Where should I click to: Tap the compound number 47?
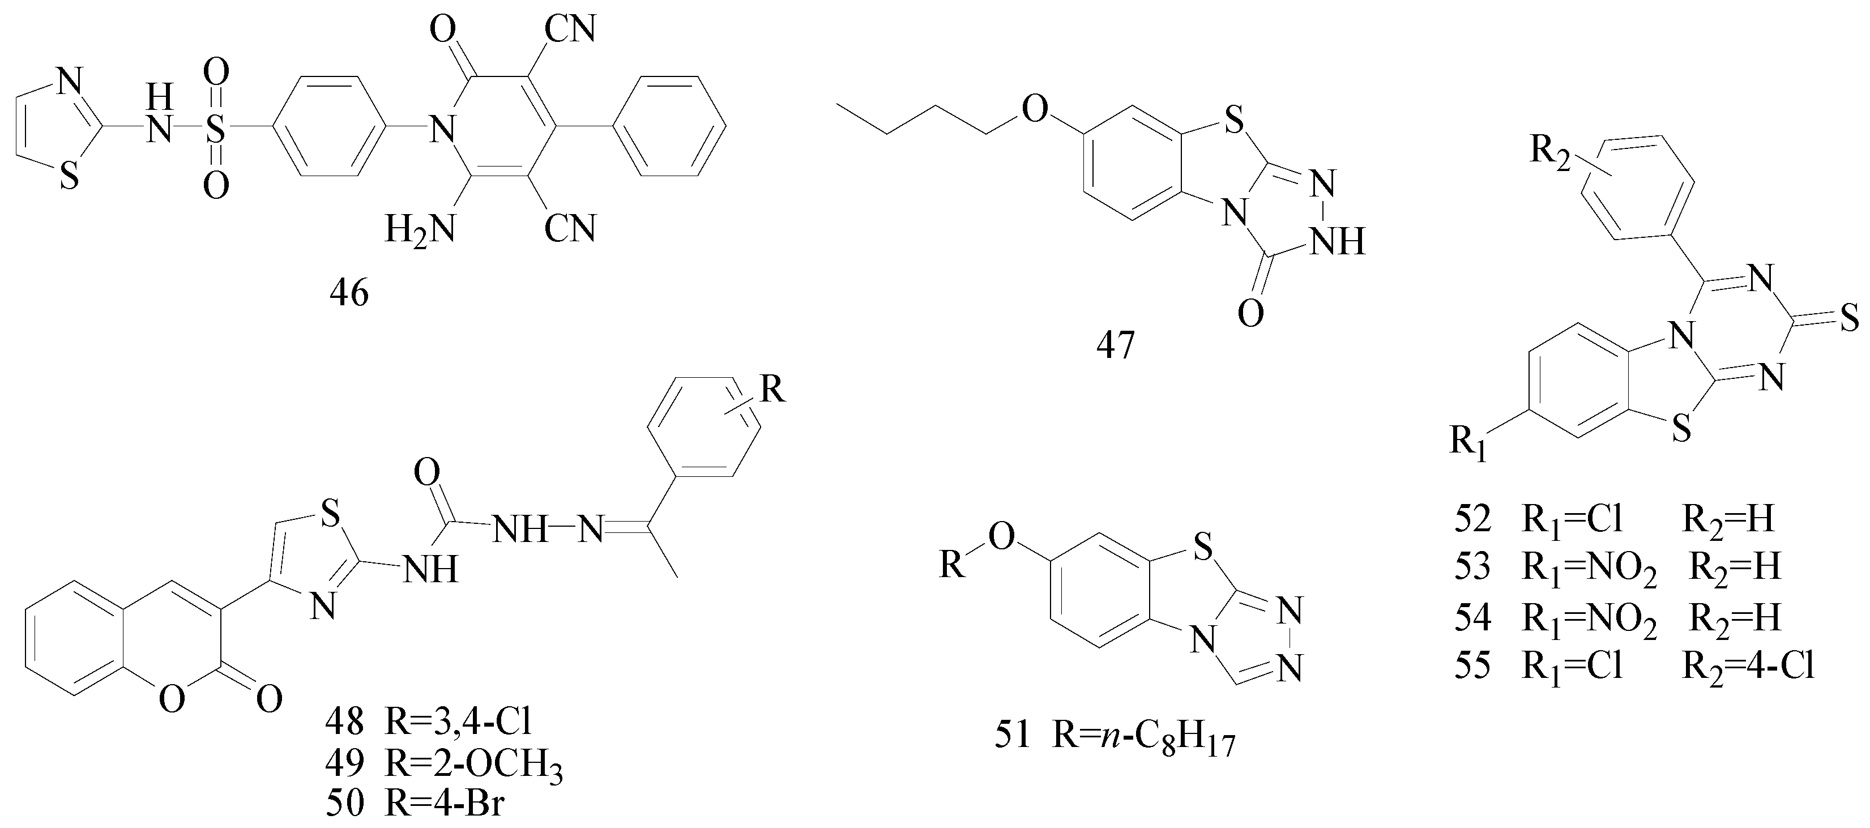[1116, 345]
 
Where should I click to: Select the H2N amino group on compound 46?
[420, 229]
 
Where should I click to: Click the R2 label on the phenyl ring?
[1549, 150]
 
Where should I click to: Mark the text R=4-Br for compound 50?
[443, 805]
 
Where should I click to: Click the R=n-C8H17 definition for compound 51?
[1144, 737]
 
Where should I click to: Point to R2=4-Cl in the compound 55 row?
[1749, 665]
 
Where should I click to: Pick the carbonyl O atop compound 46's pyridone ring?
[443, 31]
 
